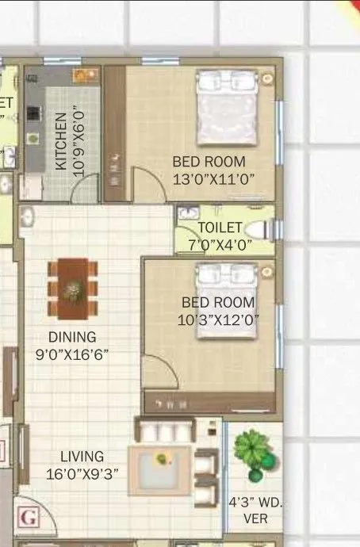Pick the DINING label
(71, 337)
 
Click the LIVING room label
(82, 457)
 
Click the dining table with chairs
(73, 288)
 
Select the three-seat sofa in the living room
(165, 430)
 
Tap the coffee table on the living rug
(163, 460)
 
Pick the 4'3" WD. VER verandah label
(255, 511)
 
